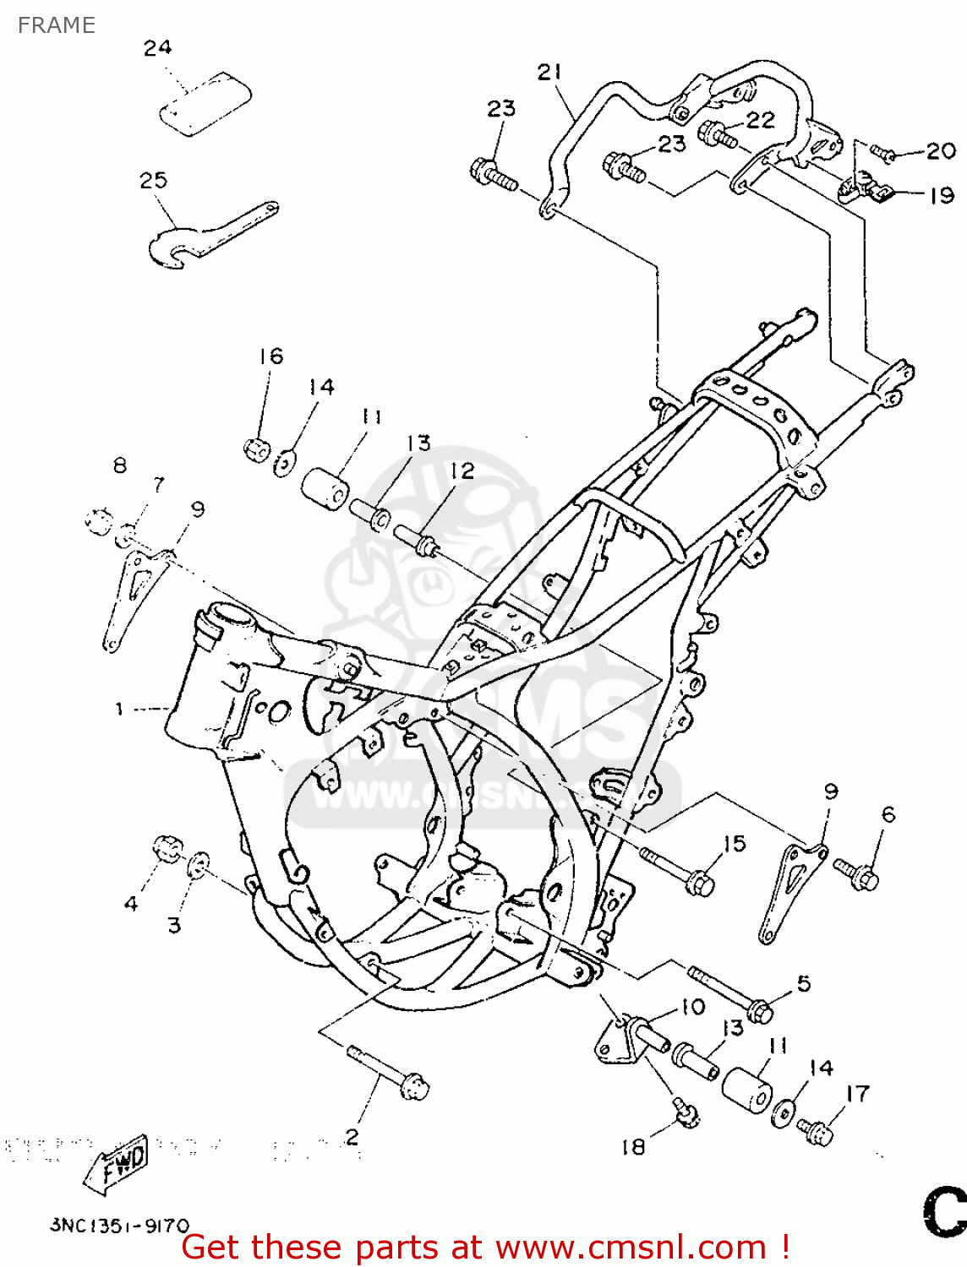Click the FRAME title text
point(56,25)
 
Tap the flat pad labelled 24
point(206,103)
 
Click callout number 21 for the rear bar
point(549,73)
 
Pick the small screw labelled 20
point(883,154)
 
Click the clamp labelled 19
point(864,191)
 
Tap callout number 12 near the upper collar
point(462,471)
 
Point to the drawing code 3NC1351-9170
point(119,1226)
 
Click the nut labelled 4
point(167,847)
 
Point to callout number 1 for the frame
point(119,710)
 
